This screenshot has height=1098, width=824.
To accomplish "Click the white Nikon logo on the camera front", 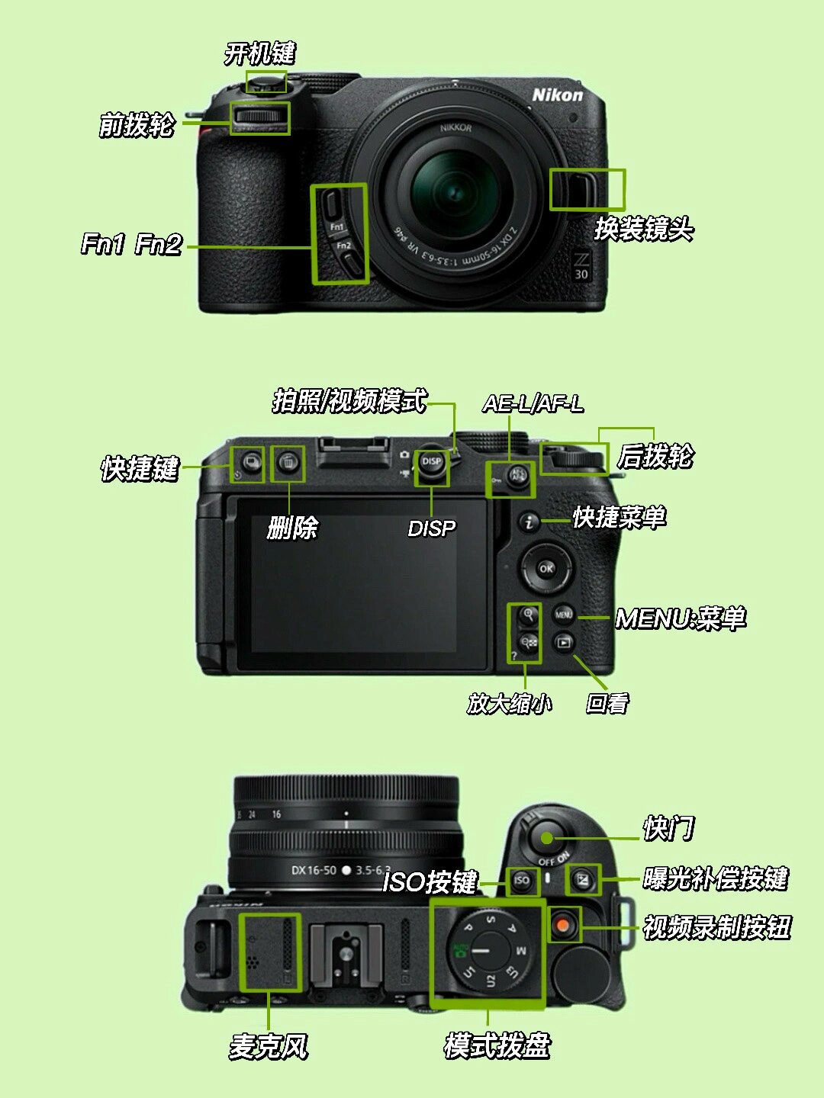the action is (557, 95).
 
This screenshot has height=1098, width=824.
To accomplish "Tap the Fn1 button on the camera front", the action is (331, 204).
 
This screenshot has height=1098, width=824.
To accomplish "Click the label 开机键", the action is (259, 54).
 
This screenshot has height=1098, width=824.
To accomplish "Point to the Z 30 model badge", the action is (581, 267).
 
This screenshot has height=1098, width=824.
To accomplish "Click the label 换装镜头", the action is (643, 230).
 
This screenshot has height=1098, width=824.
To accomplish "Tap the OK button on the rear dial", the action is (546, 568).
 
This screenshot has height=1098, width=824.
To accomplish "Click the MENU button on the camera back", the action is (563, 614).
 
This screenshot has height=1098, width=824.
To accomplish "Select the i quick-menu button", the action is (529, 522).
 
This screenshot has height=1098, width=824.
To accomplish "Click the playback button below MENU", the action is (564, 642).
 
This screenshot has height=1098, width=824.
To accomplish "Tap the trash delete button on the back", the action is (288, 462).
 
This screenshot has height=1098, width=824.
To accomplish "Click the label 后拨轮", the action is (655, 456).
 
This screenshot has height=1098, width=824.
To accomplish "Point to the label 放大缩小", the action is (510, 703).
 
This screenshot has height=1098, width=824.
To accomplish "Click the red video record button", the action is (563, 924).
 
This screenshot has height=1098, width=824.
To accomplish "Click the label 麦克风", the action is (268, 1046).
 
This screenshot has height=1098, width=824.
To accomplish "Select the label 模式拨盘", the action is (497, 1045).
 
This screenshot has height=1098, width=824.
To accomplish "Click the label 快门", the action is (668, 828).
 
